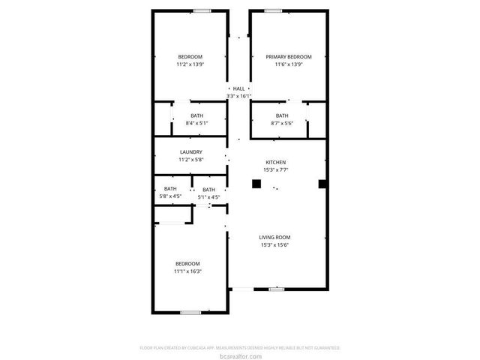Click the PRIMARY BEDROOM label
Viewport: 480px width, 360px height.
click(x=289, y=57)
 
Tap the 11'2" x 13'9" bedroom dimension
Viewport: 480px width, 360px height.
click(x=190, y=65)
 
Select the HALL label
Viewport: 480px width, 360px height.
click(x=238, y=88)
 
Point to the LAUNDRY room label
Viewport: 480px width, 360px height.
click(x=190, y=152)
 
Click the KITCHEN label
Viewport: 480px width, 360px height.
click(x=276, y=162)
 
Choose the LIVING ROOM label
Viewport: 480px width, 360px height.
click(x=275, y=237)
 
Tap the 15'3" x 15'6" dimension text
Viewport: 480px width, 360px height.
click(x=275, y=245)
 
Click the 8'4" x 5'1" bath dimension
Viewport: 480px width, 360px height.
click(x=196, y=123)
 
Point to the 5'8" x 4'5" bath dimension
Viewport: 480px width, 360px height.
click(x=170, y=196)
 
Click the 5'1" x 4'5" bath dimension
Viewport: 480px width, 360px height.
click(x=208, y=197)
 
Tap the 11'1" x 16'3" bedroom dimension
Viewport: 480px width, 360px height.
click(x=187, y=271)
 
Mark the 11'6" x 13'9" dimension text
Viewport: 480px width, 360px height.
click(x=289, y=65)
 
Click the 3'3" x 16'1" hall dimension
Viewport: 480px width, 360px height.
click(x=238, y=97)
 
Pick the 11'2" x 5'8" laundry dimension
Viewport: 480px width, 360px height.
click(x=190, y=160)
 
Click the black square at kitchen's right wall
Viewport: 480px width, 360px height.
click(x=322, y=184)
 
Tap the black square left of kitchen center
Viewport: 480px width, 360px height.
click(x=256, y=184)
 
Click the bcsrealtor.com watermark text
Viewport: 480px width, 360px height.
click(x=240, y=356)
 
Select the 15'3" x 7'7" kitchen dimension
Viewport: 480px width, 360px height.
click(x=276, y=170)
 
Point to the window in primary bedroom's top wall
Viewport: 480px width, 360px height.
click(x=273, y=10)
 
